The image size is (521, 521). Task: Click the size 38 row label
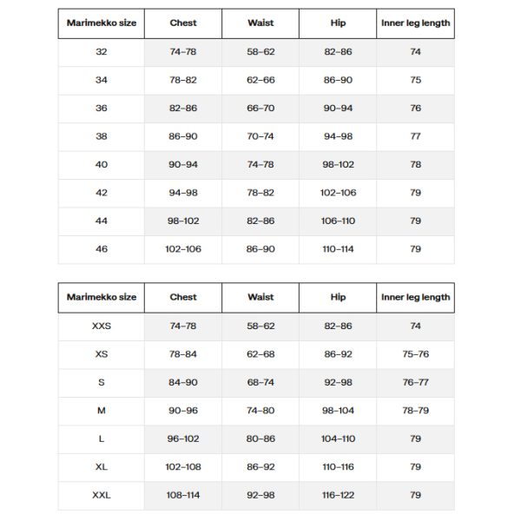[x=102, y=136]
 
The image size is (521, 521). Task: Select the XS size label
[x=102, y=354]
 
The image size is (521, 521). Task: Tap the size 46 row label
[x=102, y=248]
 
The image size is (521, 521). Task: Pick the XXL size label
[x=102, y=495]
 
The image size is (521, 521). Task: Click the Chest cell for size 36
[x=183, y=109]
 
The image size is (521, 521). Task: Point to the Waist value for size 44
[x=260, y=221]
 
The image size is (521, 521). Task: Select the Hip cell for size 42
[x=339, y=193]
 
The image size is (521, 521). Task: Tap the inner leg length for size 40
[x=415, y=164]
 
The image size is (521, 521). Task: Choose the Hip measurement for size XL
[x=339, y=467]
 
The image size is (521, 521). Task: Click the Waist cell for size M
[x=260, y=411]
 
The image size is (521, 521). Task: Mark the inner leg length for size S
[x=415, y=382]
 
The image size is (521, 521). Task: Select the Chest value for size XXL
[x=183, y=495]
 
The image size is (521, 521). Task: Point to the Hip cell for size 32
[x=339, y=52]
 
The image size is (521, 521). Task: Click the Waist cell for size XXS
[x=260, y=326]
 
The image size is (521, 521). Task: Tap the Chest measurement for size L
[x=183, y=439]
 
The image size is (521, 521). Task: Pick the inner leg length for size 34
[x=415, y=80]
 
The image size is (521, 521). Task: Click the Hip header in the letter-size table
[x=339, y=297]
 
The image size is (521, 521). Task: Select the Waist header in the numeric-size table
[x=260, y=23]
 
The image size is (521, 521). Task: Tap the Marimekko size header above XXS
[x=102, y=297]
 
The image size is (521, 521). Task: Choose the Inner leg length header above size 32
[x=415, y=23]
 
